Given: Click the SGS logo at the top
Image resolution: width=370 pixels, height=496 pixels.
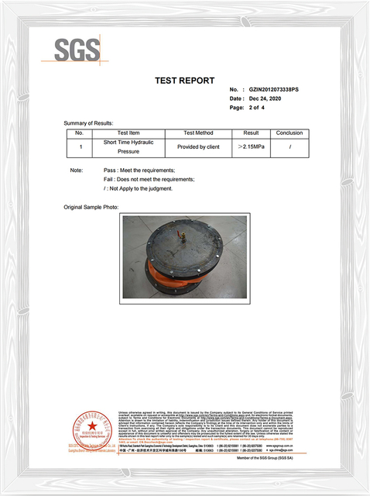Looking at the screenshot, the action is tap(77, 51).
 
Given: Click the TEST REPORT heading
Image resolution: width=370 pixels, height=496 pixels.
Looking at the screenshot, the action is tap(184, 81).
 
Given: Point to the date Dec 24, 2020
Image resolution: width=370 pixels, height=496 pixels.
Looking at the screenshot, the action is tap(270, 99).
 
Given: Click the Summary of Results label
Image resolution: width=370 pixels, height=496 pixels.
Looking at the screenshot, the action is tap(88, 123).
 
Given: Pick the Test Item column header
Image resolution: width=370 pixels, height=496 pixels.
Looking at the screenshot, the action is tap(123, 133).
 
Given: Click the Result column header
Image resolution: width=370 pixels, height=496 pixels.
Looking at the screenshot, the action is tap(251, 133).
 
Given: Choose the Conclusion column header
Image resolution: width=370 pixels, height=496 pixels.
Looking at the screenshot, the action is tap(289, 133).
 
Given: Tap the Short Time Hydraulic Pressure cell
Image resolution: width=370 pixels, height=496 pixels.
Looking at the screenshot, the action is tap(123, 147).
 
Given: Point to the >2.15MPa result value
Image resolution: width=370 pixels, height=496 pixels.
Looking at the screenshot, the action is tap(252, 146).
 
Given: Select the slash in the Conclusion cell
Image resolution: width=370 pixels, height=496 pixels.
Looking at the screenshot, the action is tap(289, 146).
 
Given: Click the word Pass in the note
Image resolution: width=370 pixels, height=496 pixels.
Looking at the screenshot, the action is tap(110, 170).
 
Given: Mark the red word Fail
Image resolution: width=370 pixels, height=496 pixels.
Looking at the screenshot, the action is tap(109, 179).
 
